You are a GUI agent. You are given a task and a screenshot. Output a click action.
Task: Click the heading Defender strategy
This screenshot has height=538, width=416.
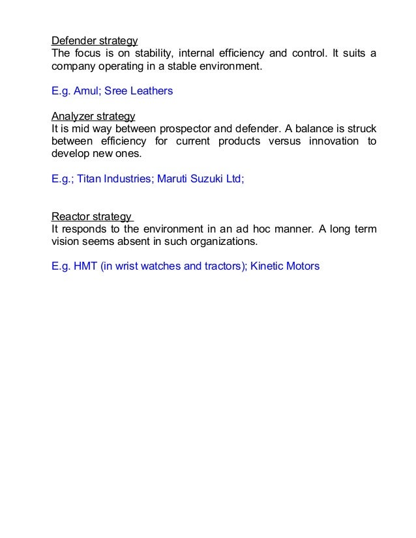coord(95,40)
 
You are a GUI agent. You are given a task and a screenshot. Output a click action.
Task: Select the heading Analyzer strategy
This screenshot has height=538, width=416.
coord(93,116)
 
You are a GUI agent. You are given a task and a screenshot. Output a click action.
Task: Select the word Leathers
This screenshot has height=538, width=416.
coord(151,91)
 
